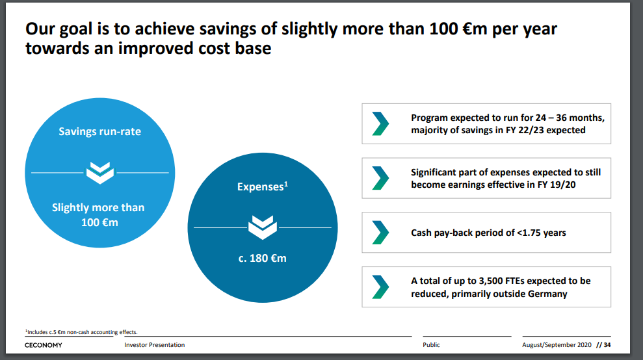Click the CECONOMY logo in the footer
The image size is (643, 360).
coord(43,345)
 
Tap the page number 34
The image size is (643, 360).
coord(607,345)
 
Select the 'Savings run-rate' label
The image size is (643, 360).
coord(99,132)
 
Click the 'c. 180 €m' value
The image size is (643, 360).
coord(263,259)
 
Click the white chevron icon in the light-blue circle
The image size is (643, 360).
coord(100,173)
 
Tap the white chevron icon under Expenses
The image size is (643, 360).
coord(263,227)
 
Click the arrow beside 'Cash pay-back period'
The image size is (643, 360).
coord(380,233)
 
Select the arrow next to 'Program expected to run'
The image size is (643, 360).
coord(380,123)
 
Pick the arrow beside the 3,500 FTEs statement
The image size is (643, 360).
coord(380,287)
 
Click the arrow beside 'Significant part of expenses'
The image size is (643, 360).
coord(380,178)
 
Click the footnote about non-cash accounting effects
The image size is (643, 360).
coord(81,332)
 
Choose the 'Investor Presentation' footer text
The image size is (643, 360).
coord(155,345)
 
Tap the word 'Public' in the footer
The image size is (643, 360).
coord(432,345)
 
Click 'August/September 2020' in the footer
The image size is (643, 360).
coord(557,345)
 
